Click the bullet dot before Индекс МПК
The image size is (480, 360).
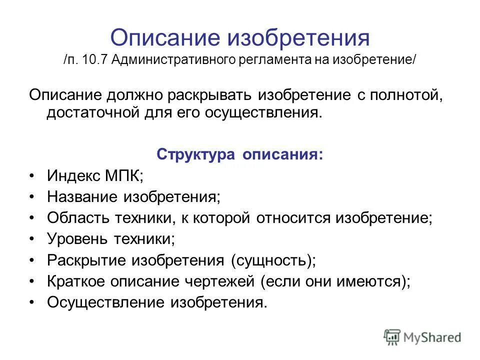tap(32, 176)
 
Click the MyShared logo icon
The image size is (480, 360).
tap(392, 337)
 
